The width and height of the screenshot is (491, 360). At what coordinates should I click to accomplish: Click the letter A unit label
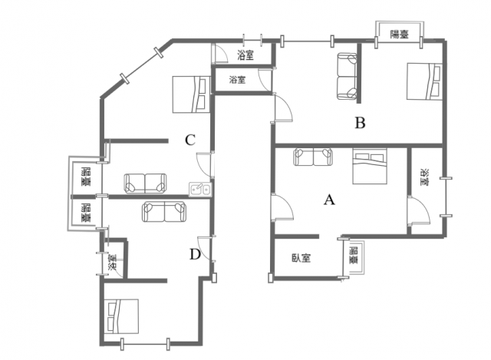click(x=329, y=200)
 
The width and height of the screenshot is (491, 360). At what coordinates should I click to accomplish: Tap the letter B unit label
click(x=360, y=123)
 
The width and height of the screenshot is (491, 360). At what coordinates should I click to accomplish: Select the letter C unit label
click(x=190, y=140)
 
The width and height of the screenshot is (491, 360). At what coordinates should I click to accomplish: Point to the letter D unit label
click(x=195, y=254)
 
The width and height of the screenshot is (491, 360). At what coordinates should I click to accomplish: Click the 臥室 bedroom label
click(x=302, y=258)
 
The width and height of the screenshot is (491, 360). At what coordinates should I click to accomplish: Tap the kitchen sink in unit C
click(x=200, y=190)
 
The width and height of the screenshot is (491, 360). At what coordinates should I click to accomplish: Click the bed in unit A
click(x=370, y=166)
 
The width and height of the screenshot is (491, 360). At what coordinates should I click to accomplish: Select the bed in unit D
click(x=121, y=316)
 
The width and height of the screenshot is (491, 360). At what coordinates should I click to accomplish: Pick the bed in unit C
click(x=191, y=94)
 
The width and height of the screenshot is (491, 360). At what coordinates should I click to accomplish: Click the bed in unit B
click(x=424, y=81)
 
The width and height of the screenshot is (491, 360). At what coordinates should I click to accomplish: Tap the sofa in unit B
click(x=347, y=76)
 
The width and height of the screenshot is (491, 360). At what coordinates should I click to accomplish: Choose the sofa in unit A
click(x=313, y=157)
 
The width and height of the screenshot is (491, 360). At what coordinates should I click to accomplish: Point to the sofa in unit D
click(x=164, y=212)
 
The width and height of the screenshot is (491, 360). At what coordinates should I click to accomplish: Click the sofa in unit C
click(x=145, y=183)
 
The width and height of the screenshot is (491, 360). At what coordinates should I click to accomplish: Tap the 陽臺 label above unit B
click(x=400, y=34)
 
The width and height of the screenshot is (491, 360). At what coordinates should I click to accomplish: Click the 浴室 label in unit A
click(x=425, y=177)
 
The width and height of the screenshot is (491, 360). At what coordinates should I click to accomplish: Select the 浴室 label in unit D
click(x=112, y=263)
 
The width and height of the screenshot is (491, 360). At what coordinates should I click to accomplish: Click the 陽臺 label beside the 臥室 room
click(x=354, y=256)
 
